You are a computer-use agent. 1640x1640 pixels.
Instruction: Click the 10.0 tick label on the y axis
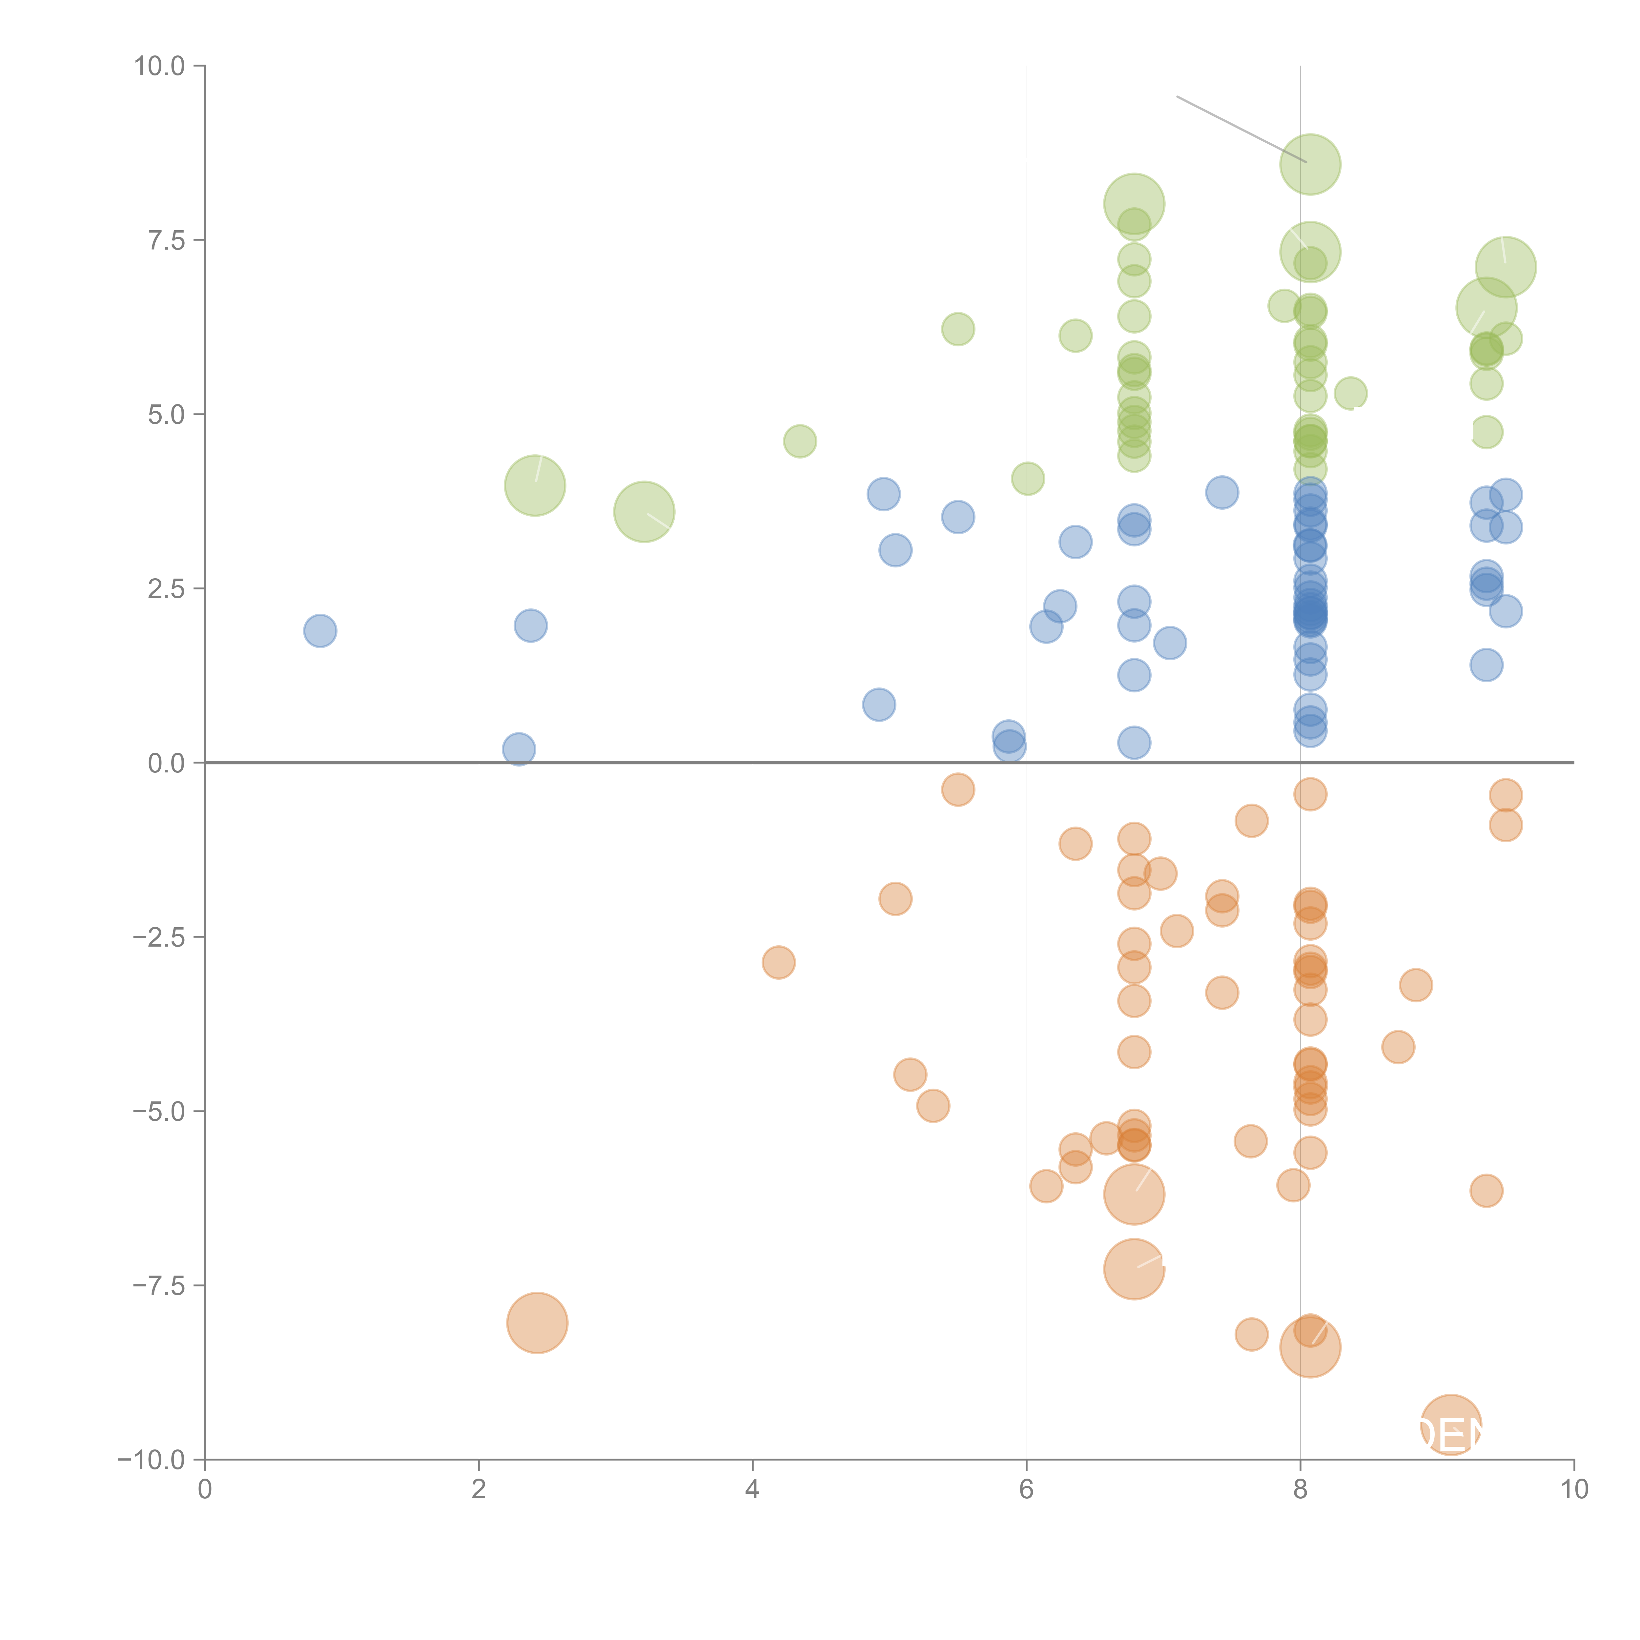click(x=160, y=66)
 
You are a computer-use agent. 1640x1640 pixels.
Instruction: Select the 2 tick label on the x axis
click(x=479, y=1490)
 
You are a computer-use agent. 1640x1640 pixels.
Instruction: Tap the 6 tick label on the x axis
click(x=1026, y=1490)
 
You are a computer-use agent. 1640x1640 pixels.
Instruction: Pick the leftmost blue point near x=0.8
click(x=320, y=631)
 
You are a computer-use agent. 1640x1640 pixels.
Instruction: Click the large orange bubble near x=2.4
click(x=537, y=1322)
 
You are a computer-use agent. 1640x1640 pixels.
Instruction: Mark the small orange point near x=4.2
click(x=778, y=963)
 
